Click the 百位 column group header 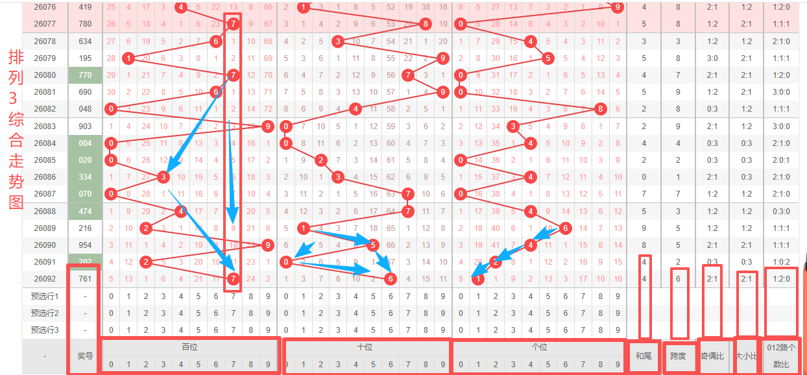click(x=189, y=347)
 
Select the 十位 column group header click(x=365, y=347)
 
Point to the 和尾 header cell click(x=643, y=356)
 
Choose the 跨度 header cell click(x=678, y=356)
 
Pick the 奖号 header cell click(x=85, y=356)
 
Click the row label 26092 click(x=45, y=279)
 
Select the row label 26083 click(x=45, y=127)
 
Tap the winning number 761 click(x=85, y=279)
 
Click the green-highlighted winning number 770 click(x=85, y=75)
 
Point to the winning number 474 click(x=85, y=212)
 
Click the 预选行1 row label click(x=45, y=296)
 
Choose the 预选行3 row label click(x=45, y=330)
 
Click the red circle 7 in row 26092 click(x=234, y=279)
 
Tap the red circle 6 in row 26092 click(x=390, y=279)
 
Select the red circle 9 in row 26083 click(x=267, y=127)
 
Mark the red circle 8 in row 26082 click(x=601, y=109)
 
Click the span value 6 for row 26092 click(x=678, y=279)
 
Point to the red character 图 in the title click(x=16, y=202)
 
